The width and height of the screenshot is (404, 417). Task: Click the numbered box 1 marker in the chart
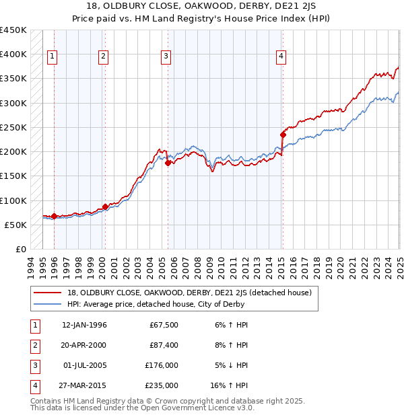pos(53,57)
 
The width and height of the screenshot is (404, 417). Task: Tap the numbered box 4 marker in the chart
pos(280,57)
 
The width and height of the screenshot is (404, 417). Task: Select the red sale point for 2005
pos(168,163)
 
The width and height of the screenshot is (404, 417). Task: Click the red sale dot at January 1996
pos(54,216)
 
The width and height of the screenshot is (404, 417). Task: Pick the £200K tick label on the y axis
pos(13,152)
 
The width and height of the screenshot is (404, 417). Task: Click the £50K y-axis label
pos(16,225)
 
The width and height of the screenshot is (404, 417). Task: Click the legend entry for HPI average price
pos(156,305)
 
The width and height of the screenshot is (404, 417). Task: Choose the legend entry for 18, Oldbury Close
pos(189,293)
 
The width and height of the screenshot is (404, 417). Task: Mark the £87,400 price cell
pos(164,345)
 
